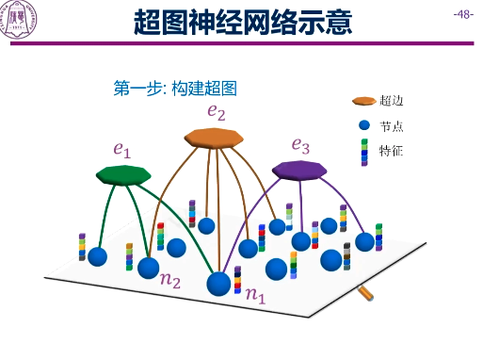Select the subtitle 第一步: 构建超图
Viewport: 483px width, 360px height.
point(173,89)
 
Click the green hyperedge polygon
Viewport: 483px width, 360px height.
point(123,174)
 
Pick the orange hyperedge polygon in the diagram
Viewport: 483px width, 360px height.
point(214,139)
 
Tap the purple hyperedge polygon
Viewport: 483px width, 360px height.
point(299,169)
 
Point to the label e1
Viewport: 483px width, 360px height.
point(122,149)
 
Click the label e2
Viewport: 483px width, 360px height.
point(217,113)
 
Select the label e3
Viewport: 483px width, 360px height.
point(300,145)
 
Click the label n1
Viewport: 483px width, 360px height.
point(255,295)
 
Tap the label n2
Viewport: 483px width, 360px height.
point(170,280)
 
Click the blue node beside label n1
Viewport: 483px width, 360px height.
point(219,283)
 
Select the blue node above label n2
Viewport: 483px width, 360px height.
point(149,268)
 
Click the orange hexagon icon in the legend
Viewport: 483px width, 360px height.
point(364,101)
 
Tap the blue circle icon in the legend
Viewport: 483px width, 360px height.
point(364,125)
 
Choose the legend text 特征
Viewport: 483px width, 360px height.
point(391,150)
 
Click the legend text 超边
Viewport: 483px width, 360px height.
point(391,101)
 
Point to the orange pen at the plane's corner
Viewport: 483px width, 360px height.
point(366,294)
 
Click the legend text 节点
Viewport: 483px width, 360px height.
point(391,125)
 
